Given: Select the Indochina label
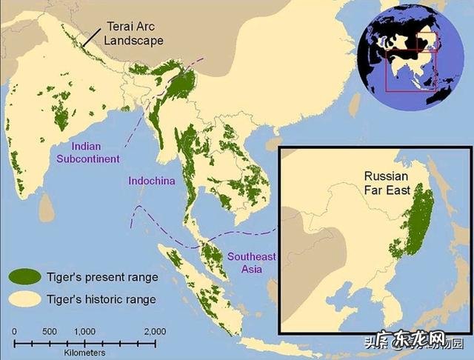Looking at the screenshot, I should (151, 181).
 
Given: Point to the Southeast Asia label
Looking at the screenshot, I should (251, 263).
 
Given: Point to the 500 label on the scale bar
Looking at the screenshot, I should (49, 330).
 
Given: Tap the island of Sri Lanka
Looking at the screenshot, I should (47, 206).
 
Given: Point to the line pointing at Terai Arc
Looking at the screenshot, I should (91, 36).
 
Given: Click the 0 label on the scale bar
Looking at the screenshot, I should (13, 330).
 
